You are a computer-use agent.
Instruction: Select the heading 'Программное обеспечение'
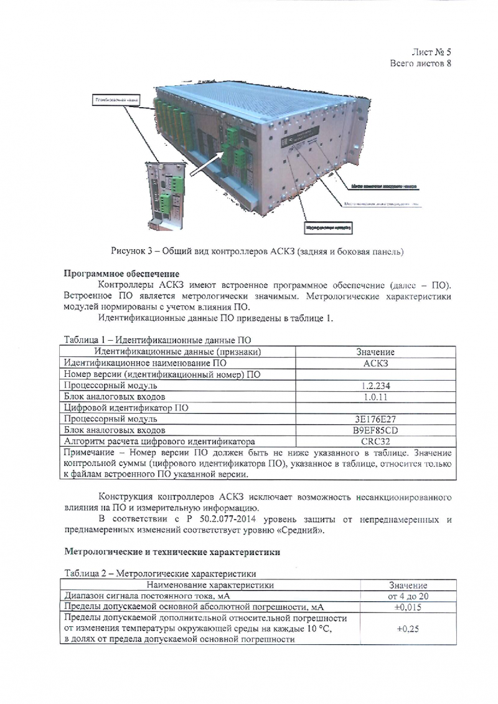pyautogui.click(x=122, y=274)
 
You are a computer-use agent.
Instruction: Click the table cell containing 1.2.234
pyautogui.click(x=374, y=386)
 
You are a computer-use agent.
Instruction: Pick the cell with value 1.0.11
pyautogui.click(x=374, y=397)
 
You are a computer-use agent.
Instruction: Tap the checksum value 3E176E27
pyautogui.click(x=374, y=419)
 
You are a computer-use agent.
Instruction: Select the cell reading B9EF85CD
pyautogui.click(x=374, y=430)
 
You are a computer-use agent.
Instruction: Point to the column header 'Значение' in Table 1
pyautogui.click(x=374, y=352)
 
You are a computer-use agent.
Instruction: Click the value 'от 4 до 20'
pyautogui.click(x=407, y=596)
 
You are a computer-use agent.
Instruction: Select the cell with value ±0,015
pyautogui.click(x=407, y=607)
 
